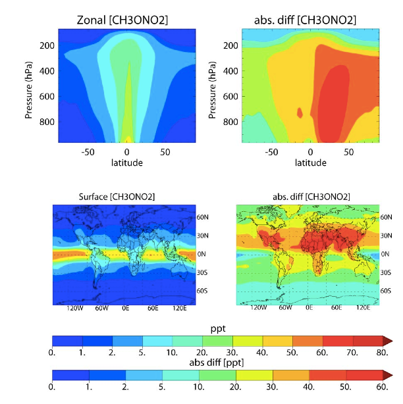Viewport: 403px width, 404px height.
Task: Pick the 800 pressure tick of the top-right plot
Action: (x=230, y=122)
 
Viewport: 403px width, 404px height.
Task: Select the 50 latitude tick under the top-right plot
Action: (x=349, y=152)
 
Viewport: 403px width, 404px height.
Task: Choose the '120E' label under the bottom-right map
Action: (x=363, y=307)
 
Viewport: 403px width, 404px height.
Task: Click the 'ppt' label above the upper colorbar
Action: (x=222, y=328)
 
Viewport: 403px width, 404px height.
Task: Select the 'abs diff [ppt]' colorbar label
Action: (x=222, y=363)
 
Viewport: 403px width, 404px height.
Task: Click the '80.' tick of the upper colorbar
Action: (x=381, y=353)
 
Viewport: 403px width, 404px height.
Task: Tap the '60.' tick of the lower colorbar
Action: (x=381, y=388)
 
